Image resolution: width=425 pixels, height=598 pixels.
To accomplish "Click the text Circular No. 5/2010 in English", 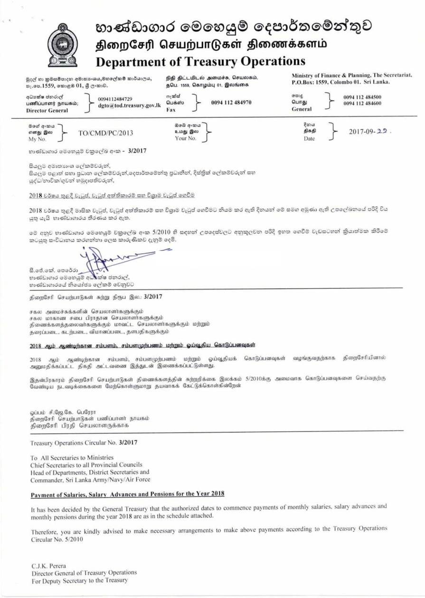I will (x=57, y=540).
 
